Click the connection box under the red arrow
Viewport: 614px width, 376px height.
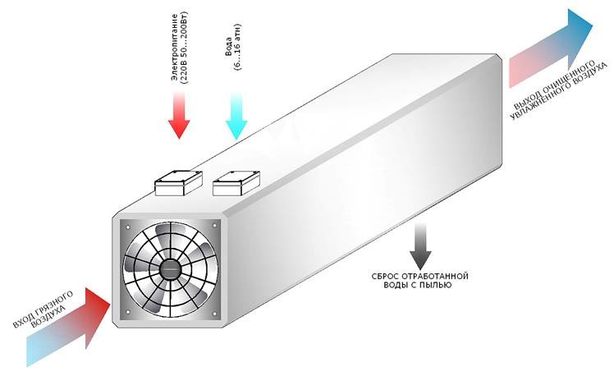coord(180,181)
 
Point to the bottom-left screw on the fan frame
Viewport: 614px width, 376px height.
coord(127,314)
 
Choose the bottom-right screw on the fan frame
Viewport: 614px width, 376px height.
coord(215,314)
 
